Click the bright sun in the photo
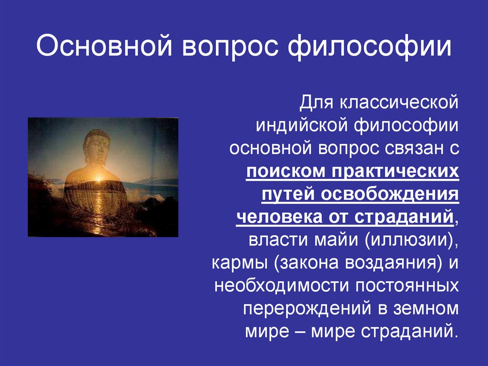100,180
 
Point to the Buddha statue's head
97,146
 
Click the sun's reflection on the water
99,210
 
